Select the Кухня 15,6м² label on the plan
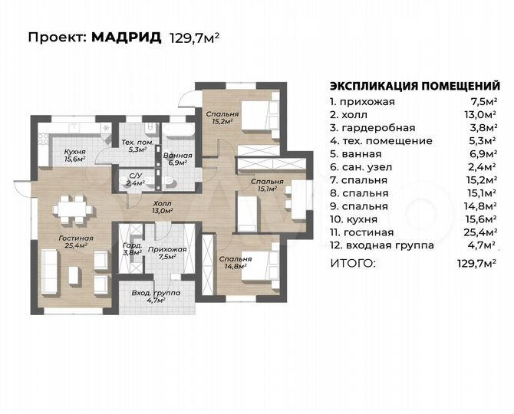pyautogui.click(x=75, y=155)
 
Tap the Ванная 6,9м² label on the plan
pyautogui.click(x=178, y=159)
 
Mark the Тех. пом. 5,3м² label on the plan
pyautogui.click(x=138, y=146)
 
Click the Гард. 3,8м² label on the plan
pyautogui.click(x=132, y=248)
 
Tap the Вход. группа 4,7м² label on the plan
pyautogui.click(x=156, y=297)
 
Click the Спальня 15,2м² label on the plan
pyautogui.click(x=222, y=117)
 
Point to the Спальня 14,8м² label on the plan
pyautogui.click(x=233, y=263)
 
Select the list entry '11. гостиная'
pyautogui.click(x=361, y=232)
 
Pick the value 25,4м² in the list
pyautogui.click(x=479, y=232)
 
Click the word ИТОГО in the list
pyautogui.click(x=353, y=263)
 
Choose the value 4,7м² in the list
pyautogui.click(x=482, y=245)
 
